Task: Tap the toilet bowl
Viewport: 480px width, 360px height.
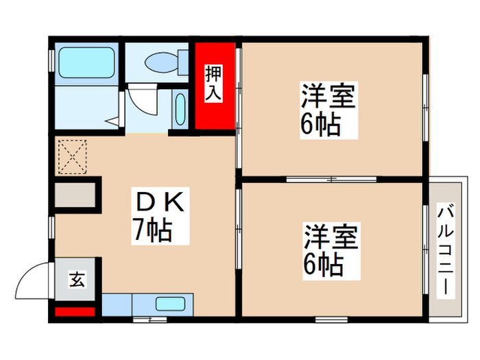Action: coord(160,62)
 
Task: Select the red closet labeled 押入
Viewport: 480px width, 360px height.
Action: coord(213,86)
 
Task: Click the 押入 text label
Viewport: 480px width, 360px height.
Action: coord(213,82)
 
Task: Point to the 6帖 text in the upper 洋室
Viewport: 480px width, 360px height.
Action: coord(320,125)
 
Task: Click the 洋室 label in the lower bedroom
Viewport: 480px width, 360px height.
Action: coord(332,237)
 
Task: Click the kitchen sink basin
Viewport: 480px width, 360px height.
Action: coord(169,304)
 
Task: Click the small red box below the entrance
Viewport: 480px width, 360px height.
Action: coord(74,313)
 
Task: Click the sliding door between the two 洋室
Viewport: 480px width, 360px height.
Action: coord(331,180)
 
